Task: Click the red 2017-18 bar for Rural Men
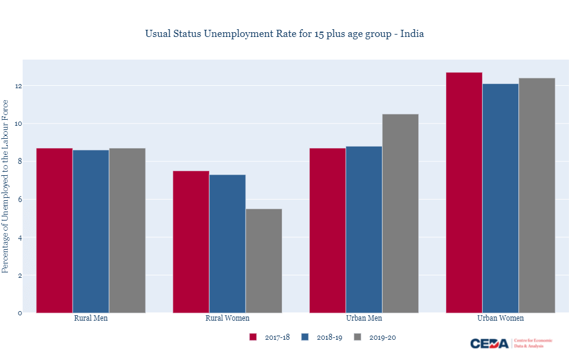[x=54, y=230]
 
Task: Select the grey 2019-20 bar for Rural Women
[x=263, y=260]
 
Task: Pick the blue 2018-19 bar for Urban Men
[x=364, y=229]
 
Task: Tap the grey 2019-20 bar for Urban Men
[x=400, y=213]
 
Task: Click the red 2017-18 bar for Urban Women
[x=464, y=193]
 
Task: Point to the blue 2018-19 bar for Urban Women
[x=500, y=198]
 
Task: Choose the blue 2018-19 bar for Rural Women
[x=227, y=243]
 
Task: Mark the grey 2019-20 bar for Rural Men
[x=127, y=230]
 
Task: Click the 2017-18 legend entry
[x=270, y=337]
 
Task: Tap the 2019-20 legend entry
[x=375, y=337]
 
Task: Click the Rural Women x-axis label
[x=228, y=318]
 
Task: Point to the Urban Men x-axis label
[x=364, y=318]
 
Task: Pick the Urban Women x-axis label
[x=500, y=318]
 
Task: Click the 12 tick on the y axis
[x=19, y=86]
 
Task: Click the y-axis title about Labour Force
[x=5, y=187]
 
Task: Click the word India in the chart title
[x=412, y=33]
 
